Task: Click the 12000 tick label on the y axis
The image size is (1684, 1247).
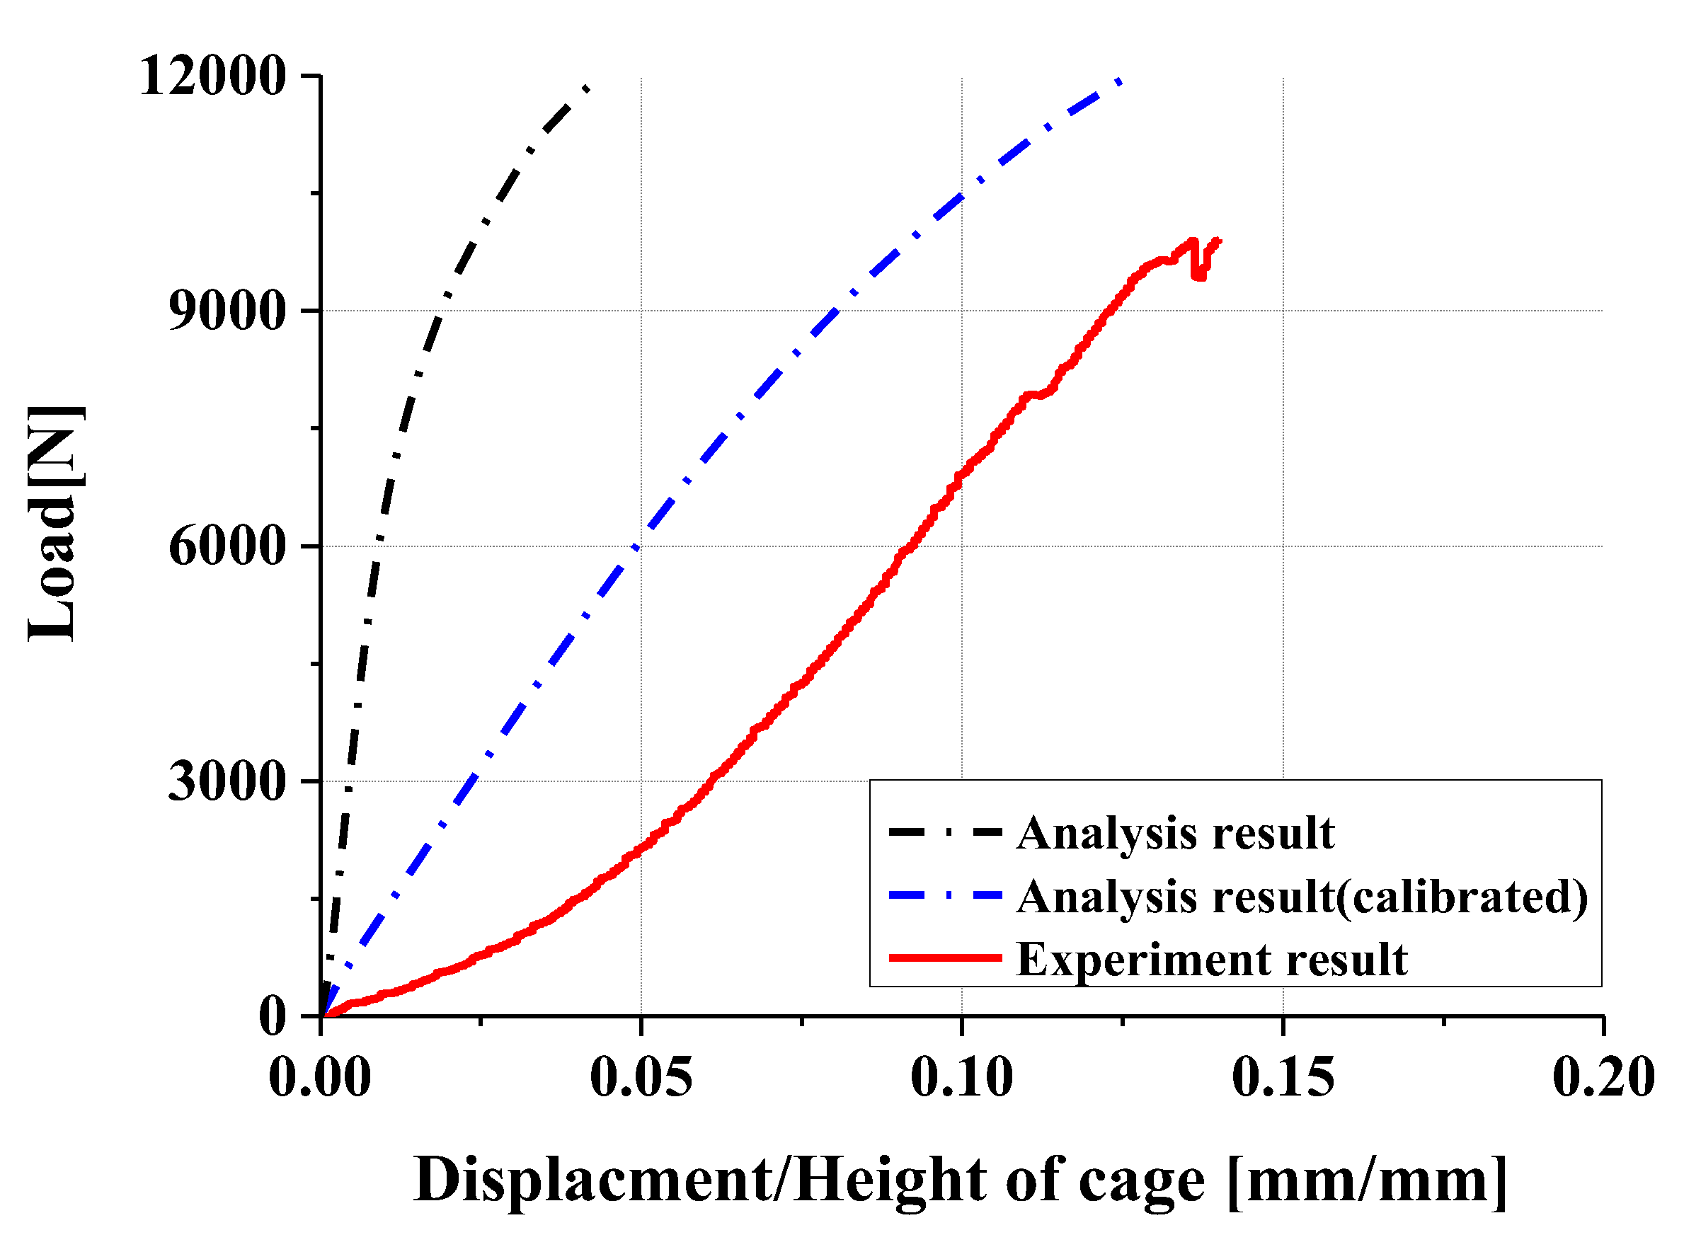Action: click(212, 76)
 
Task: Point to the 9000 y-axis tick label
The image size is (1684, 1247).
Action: click(227, 310)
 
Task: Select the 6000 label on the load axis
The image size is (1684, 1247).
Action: click(227, 546)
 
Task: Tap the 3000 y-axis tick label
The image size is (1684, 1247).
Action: click(227, 781)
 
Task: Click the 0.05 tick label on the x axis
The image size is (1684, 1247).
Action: click(640, 1077)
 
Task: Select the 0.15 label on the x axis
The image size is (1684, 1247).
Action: click(1283, 1077)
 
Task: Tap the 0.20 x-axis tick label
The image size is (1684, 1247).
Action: click(1603, 1077)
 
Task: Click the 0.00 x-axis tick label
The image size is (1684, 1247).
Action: click(320, 1077)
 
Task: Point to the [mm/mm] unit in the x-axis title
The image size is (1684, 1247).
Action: click(1367, 1179)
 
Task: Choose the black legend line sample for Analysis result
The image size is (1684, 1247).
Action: click(945, 832)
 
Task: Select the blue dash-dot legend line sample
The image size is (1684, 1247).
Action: click(945, 895)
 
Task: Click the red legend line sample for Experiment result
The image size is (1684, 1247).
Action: click(945, 958)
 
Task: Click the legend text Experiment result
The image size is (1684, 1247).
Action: click(1211, 960)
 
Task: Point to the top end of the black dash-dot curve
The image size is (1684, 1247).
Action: click(587, 88)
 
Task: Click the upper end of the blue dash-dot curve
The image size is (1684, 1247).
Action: click(1119, 81)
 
